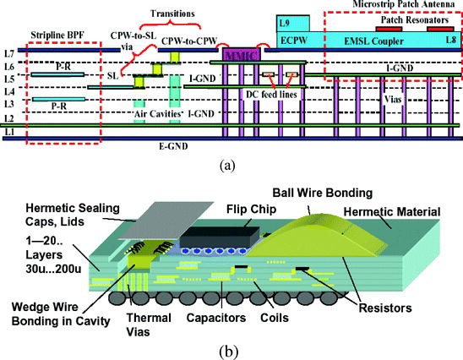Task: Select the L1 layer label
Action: tap(9, 134)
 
